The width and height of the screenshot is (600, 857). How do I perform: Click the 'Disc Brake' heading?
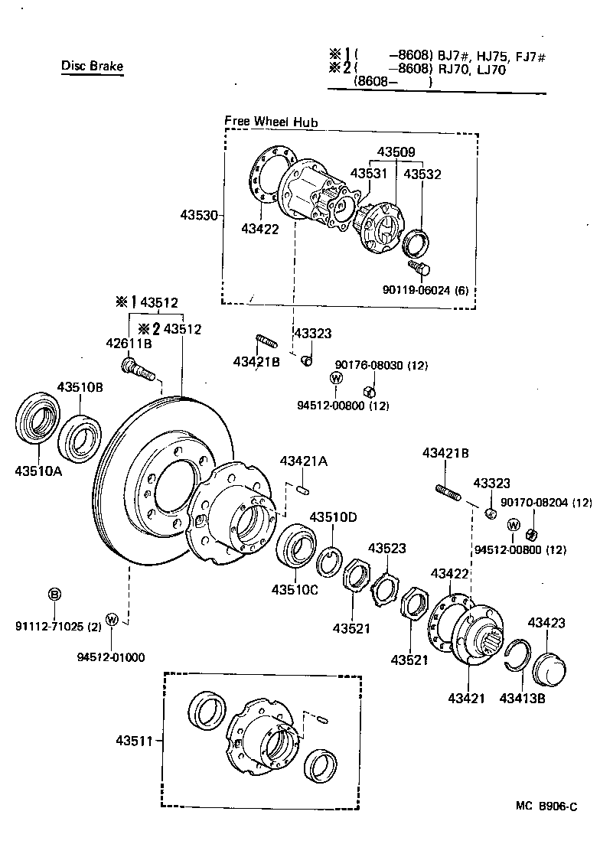92,66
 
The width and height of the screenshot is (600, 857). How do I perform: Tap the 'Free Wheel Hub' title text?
271,122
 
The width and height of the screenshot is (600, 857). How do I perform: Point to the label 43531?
370,174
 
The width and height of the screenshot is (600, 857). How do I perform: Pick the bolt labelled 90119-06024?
420,268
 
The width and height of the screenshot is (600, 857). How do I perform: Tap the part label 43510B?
80,386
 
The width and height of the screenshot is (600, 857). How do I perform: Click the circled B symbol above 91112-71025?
54,595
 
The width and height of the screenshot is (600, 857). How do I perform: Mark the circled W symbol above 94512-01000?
112,619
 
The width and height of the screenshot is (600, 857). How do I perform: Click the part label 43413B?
522,698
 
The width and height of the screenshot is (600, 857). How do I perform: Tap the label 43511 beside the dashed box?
136,740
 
